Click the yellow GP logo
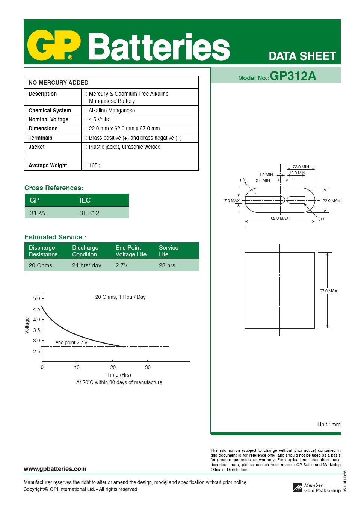54,45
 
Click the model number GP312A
293,76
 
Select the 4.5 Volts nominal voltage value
98,120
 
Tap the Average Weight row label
48,165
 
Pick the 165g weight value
94,165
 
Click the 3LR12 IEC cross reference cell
89,213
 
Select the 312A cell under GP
38,213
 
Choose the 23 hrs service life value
167,265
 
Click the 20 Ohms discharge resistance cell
41,265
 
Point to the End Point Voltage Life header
131,251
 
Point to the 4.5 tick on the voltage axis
36,309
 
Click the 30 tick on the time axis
148,367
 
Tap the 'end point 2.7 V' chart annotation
71,342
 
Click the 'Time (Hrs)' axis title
119,375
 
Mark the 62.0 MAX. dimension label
280,218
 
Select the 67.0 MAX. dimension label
329,291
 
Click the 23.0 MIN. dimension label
301,167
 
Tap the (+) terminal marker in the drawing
321,219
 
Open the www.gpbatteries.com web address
55,469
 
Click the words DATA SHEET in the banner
302,56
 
